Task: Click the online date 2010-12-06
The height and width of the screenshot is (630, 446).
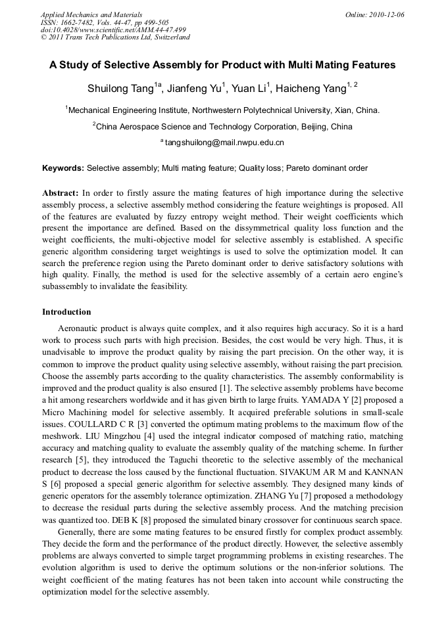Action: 387,14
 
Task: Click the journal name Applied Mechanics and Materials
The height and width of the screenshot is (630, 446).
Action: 91,14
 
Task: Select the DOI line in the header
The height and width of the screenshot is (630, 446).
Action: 113,30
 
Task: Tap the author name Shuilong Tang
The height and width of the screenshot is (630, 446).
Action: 120,88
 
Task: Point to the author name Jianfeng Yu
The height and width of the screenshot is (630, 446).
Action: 196,88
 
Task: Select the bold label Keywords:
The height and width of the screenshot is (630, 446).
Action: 63,168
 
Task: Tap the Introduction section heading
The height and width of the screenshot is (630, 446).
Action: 66,311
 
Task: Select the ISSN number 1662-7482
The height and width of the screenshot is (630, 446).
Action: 77,22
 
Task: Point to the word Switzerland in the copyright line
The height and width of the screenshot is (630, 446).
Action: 168,37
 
